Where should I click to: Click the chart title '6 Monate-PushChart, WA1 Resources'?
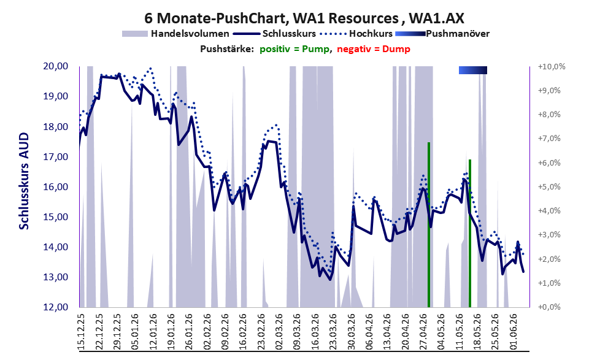tap(271, 18)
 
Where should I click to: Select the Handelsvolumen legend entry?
tap(175, 34)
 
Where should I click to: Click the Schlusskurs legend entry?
tap(275, 34)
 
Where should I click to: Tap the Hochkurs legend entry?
tap(356, 34)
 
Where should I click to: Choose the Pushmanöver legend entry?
tap(442, 34)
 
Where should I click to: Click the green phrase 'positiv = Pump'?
tap(294, 49)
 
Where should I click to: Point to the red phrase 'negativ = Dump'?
tap(374, 49)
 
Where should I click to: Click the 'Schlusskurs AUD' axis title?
tap(24, 181)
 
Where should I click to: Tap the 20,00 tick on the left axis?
tap(56, 66)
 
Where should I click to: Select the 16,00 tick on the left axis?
tap(56, 187)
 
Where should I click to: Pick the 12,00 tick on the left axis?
tap(56, 307)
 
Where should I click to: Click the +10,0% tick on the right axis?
tap(552, 67)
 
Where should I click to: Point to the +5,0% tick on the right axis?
tap(549, 187)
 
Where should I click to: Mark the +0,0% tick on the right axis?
tap(549, 307)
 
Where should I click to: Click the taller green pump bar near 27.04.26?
tap(429, 224)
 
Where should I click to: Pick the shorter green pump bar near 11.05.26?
tap(469, 233)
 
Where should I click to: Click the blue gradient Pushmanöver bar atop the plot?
tap(472, 70)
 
